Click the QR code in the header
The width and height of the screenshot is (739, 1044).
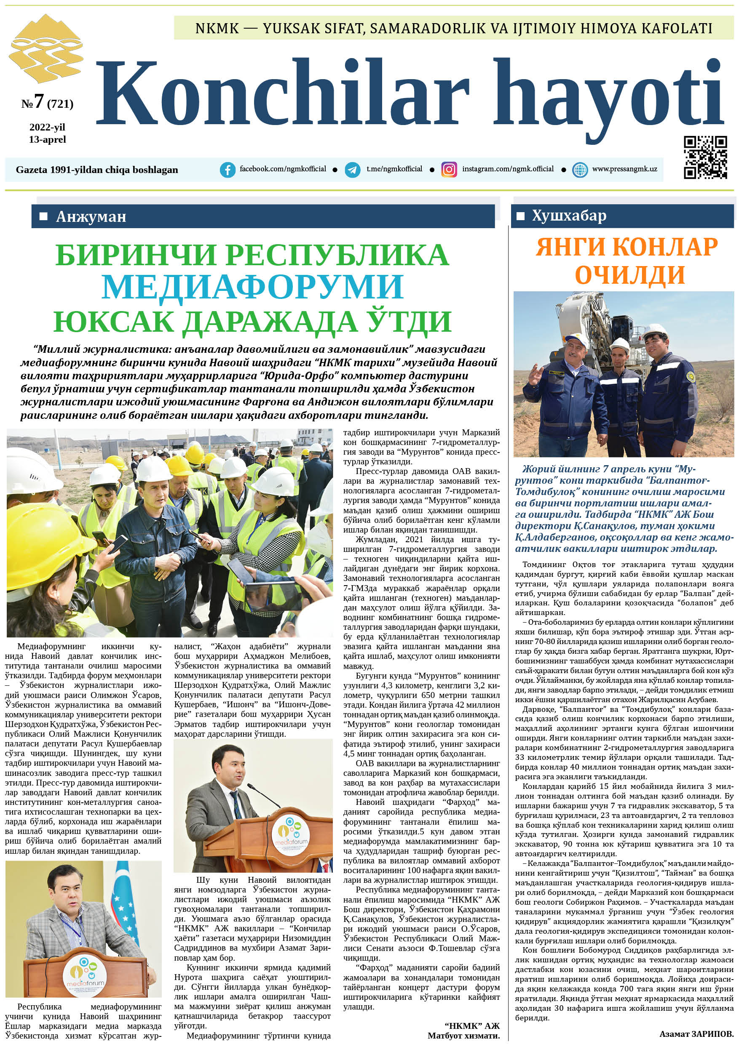point(705,157)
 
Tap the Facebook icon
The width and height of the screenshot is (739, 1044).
point(228,170)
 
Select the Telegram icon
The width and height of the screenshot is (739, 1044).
point(352,170)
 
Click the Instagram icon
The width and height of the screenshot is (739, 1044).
point(449,170)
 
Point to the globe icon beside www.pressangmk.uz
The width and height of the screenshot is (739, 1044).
point(579,170)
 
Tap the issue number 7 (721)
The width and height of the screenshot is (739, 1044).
point(47,102)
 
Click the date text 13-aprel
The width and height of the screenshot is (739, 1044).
point(47,140)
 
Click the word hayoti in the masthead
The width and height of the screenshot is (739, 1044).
point(608,96)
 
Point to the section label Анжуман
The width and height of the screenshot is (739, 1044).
point(91,216)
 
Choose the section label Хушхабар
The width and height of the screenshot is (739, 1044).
point(569,216)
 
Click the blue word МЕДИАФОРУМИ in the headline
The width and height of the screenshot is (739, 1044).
point(252,286)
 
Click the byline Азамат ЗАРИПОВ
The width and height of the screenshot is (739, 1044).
point(696,1033)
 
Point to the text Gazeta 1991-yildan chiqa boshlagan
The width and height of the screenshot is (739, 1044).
point(97,170)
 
